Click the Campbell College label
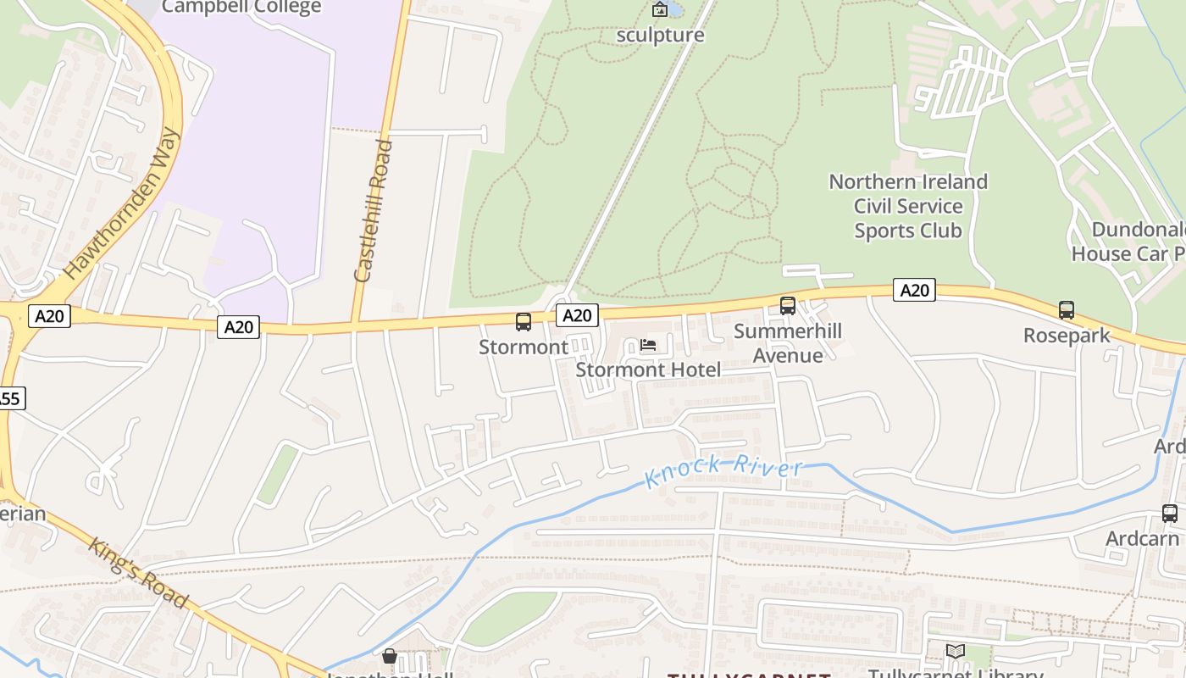[241, 8]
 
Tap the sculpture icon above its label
[659, 10]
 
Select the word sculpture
[660, 35]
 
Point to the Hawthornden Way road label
[124, 203]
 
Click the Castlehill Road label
[374, 211]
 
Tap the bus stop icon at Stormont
[524, 322]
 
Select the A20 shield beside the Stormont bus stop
[577, 315]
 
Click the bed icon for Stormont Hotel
[648, 345]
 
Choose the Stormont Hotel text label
[648, 370]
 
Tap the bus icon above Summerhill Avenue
[788, 306]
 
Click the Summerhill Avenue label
[788, 343]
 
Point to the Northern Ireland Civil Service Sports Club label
[907, 206]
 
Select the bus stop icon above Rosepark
[1067, 311]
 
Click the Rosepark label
[1067, 336]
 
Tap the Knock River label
[724, 470]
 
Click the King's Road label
[137, 573]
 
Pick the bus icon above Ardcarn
[1170, 514]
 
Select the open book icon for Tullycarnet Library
[956, 652]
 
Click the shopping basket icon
[390, 656]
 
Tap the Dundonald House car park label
[1131, 242]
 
